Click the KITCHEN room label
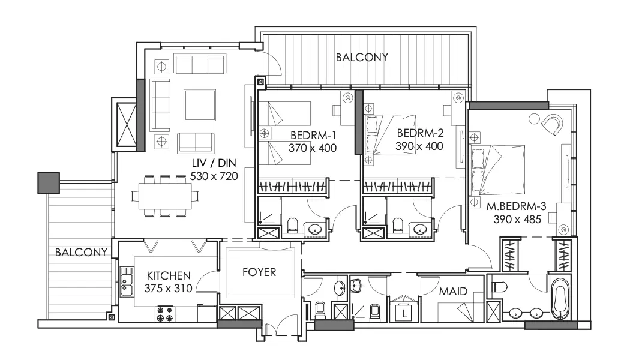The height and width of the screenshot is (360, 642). pyautogui.click(x=168, y=275)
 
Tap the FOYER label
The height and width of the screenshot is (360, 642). pyautogui.click(x=259, y=272)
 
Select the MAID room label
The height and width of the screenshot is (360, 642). pyautogui.click(x=453, y=291)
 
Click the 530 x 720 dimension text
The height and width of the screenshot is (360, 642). pyautogui.click(x=214, y=176)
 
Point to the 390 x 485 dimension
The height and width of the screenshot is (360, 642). pyautogui.click(x=517, y=220)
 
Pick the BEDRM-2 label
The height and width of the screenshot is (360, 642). pyautogui.click(x=420, y=133)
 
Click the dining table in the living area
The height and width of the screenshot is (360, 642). pyautogui.click(x=165, y=196)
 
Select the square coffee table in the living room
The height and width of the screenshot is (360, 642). pyautogui.click(x=200, y=105)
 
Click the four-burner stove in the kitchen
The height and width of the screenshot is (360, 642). pyautogui.click(x=164, y=314)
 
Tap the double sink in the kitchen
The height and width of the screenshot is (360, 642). pyautogui.click(x=127, y=281)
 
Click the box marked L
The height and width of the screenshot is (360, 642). pyautogui.click(x=404, y=314)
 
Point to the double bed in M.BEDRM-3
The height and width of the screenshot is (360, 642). pyautogui.click(x=497, y=170)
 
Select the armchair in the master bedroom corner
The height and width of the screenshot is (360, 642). pyautogui.click(x=553, y=125)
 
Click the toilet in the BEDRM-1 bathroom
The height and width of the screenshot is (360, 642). pyautogui.click(x=292, y=225)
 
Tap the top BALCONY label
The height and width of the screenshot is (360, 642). pyautogui.click(x=362, y=58)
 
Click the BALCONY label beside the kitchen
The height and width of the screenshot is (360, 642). pyautogui.click(x=81, y=252)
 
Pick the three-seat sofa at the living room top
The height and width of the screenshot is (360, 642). pyautogui.click(x=200, y=64)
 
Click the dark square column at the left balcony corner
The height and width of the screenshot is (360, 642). pyautogui.click(x=49, y=182)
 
